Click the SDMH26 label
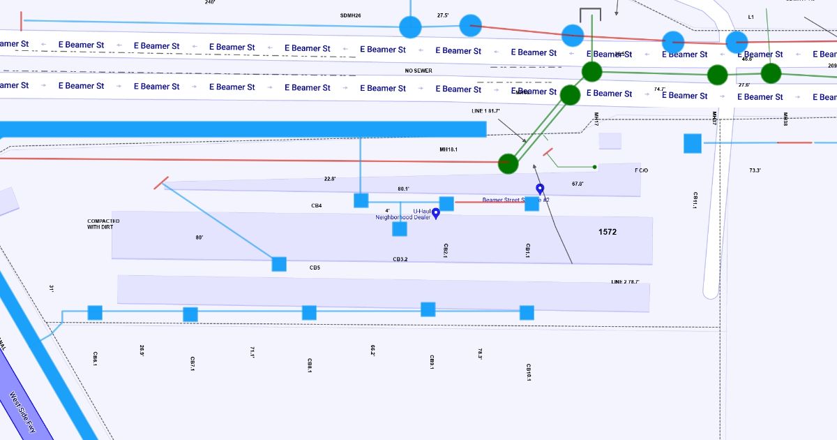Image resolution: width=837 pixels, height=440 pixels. [x=350, y=15]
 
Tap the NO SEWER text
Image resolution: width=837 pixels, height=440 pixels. [x=418, y=71]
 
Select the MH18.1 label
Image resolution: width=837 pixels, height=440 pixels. [x=448, y=149]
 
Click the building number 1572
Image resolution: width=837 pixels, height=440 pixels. [x=607, y=232]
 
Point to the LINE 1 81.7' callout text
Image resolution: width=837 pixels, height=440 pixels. [x=485, y=111]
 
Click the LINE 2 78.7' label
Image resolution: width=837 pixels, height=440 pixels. [x=625, y=282]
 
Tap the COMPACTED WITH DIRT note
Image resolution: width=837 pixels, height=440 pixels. [x=103, y=224]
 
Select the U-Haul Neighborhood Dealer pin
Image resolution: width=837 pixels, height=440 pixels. [x=436, y=213]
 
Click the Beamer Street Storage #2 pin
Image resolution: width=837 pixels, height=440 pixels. [x=539, y=189]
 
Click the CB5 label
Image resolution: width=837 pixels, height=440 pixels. [x=315, y=267]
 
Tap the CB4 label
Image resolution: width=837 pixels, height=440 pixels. [x=317, y=206]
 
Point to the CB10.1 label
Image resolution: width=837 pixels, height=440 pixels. [x=529, y=372]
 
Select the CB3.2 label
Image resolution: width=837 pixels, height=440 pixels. [x=400, y=259]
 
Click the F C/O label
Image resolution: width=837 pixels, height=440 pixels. [x=641, y=170]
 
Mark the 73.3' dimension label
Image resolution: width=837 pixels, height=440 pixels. [x=755, y=170]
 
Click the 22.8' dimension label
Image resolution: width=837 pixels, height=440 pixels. [x=330, y=179]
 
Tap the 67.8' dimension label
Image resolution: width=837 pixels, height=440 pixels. [x=578, y=184]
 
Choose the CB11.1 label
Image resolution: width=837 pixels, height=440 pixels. [x=695, y=200]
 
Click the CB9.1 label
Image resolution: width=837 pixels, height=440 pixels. [x=432, y=362]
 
